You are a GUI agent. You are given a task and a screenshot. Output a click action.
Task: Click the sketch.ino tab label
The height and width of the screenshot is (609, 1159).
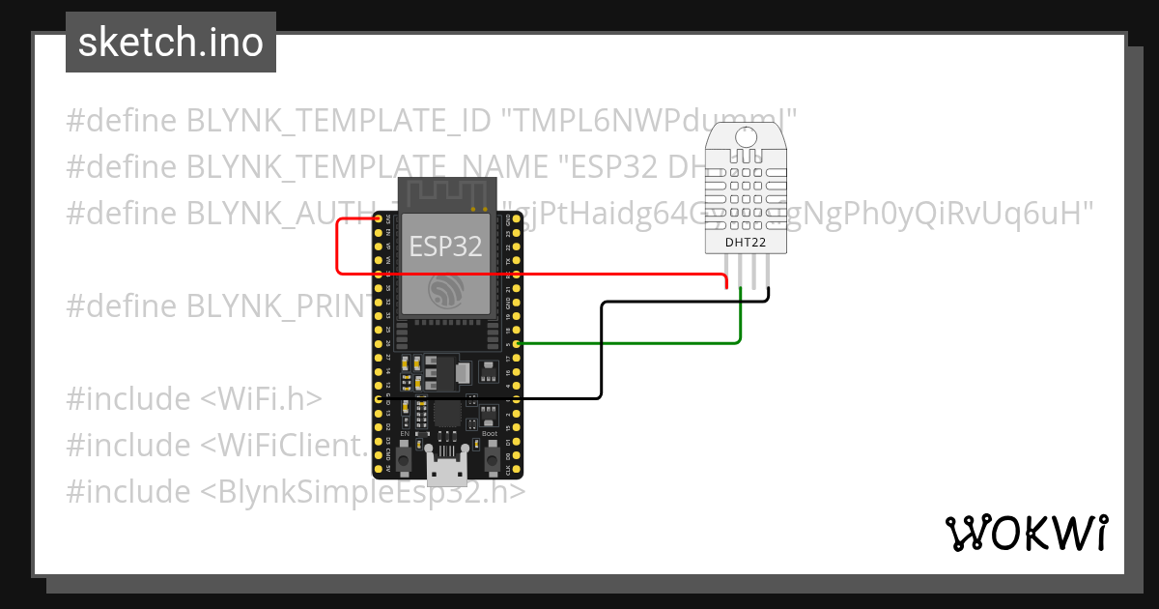(170, 43)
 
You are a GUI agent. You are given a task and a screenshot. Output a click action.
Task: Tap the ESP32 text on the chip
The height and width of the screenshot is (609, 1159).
(445, 246)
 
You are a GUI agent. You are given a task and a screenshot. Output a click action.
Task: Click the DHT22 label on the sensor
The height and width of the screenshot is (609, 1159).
(746, 243)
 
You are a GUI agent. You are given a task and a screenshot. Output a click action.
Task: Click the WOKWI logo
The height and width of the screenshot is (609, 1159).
(1026, 533)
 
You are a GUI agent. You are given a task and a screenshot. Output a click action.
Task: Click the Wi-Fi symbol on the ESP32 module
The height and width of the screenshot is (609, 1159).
(446, 290)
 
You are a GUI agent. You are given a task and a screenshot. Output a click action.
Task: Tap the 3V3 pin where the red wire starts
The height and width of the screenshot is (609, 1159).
(377, 219)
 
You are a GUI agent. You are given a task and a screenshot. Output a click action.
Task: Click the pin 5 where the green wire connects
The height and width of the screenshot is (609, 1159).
(519, 343)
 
